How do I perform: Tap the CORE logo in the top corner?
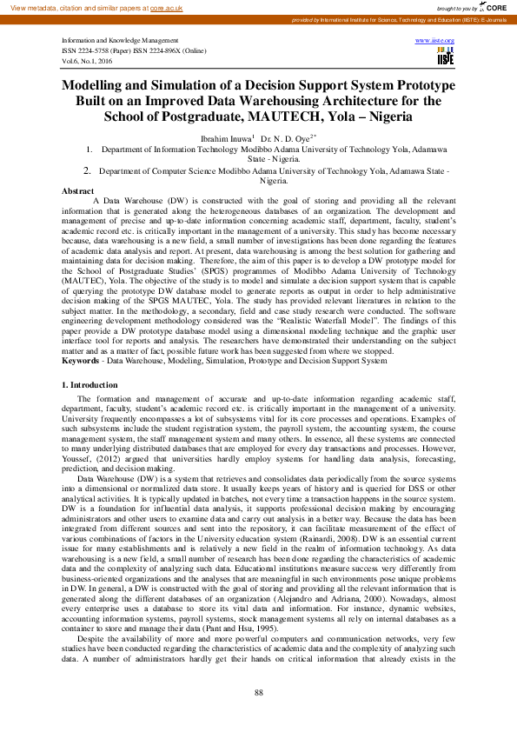[x=498, y=6]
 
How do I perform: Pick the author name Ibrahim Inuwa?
[x=224, y=137]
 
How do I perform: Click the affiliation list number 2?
[x=87, y=171]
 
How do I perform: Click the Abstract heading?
[x=78, y=190]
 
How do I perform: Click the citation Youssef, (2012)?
[x=89, y=460]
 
